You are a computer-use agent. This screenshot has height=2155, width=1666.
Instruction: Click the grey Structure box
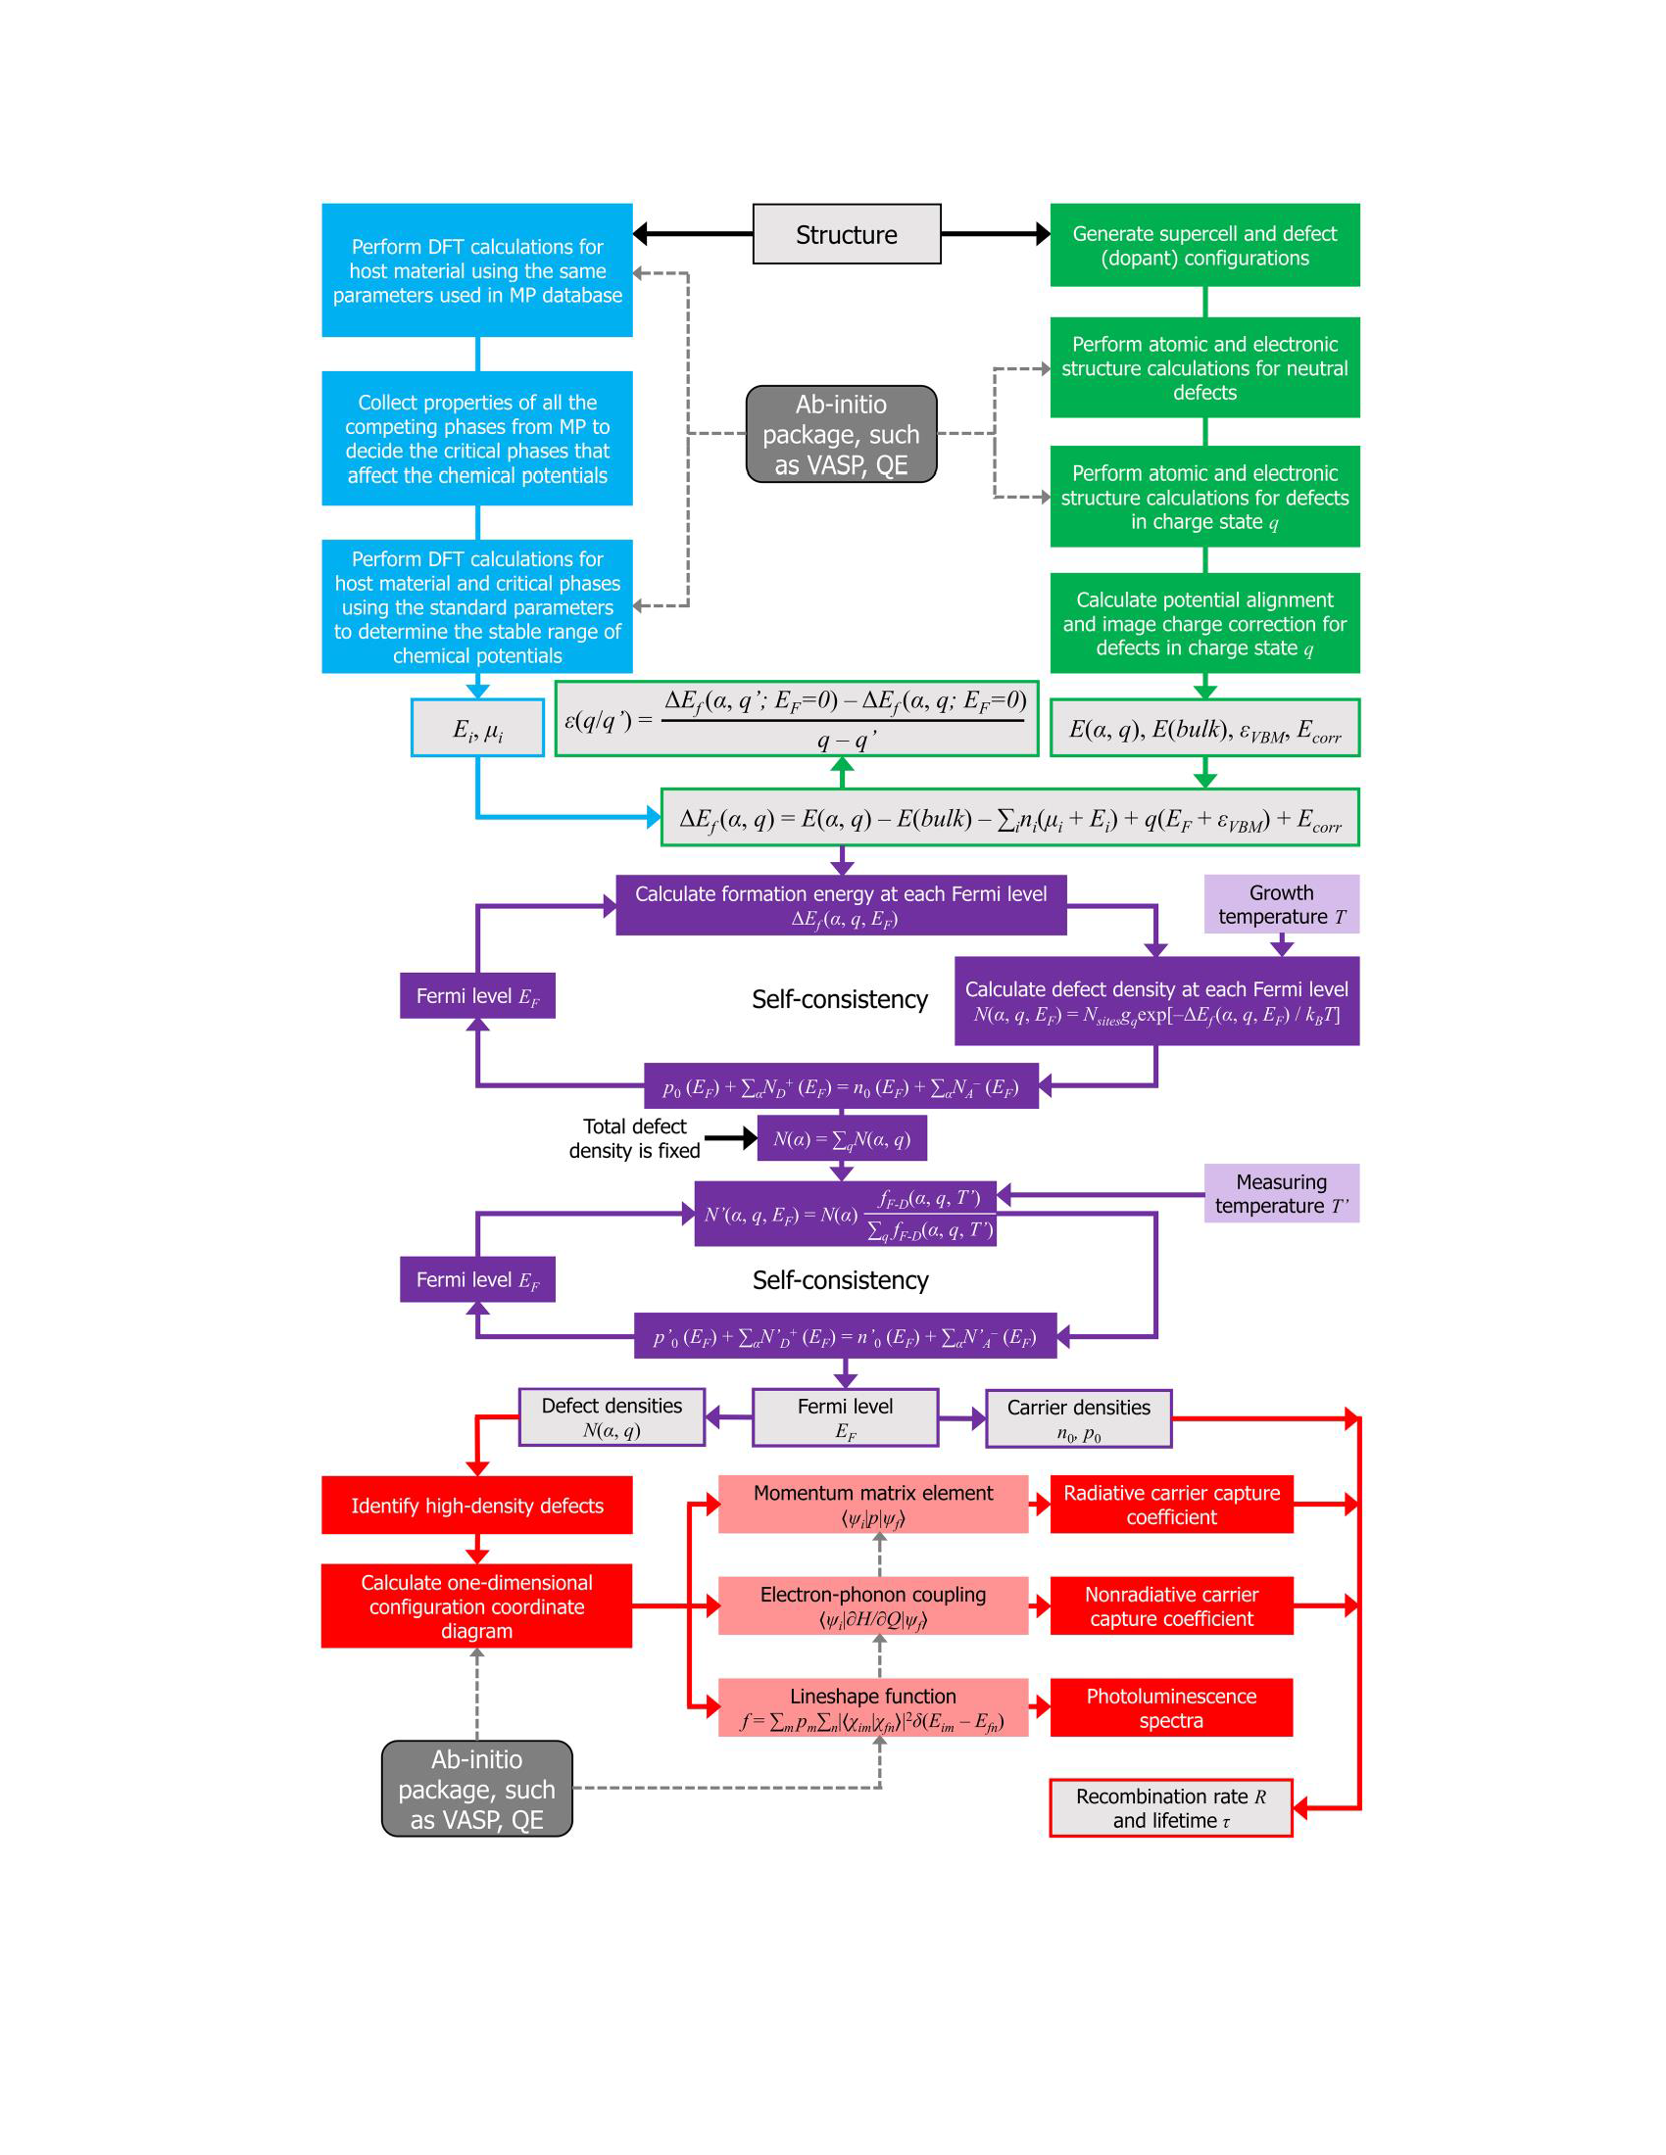846,234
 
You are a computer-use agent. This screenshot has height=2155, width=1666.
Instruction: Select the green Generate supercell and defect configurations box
1204,245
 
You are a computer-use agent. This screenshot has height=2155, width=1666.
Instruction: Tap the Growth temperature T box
1281,904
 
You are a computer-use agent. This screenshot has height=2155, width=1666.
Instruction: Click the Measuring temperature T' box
1281,1193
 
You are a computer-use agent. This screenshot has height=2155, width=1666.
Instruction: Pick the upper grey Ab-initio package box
841,434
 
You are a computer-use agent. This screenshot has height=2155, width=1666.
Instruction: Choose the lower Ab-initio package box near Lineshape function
476,1789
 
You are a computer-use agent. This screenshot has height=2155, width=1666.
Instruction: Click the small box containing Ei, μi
477,728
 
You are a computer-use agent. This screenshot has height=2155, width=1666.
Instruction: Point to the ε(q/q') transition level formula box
797,719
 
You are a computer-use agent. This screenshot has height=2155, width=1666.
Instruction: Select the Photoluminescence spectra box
1170,1707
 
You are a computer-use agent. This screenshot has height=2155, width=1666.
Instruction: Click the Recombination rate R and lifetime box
1170,1807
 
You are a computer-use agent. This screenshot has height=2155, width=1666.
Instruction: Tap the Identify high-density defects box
476,1505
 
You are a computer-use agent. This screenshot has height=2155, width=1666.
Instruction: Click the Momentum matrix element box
872,1504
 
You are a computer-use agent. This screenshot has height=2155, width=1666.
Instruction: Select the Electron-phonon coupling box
872,1605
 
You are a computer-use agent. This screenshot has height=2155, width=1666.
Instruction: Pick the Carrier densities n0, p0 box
1078,1419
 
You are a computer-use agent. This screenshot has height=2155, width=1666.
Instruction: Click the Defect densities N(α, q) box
611,1417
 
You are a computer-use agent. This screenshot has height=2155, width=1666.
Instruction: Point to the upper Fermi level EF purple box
476,995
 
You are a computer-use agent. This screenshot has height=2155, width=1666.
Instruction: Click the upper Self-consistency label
839,998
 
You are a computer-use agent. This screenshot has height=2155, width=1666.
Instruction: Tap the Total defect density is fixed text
634,1137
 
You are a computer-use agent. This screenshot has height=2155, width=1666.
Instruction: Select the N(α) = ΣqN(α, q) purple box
841,1138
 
